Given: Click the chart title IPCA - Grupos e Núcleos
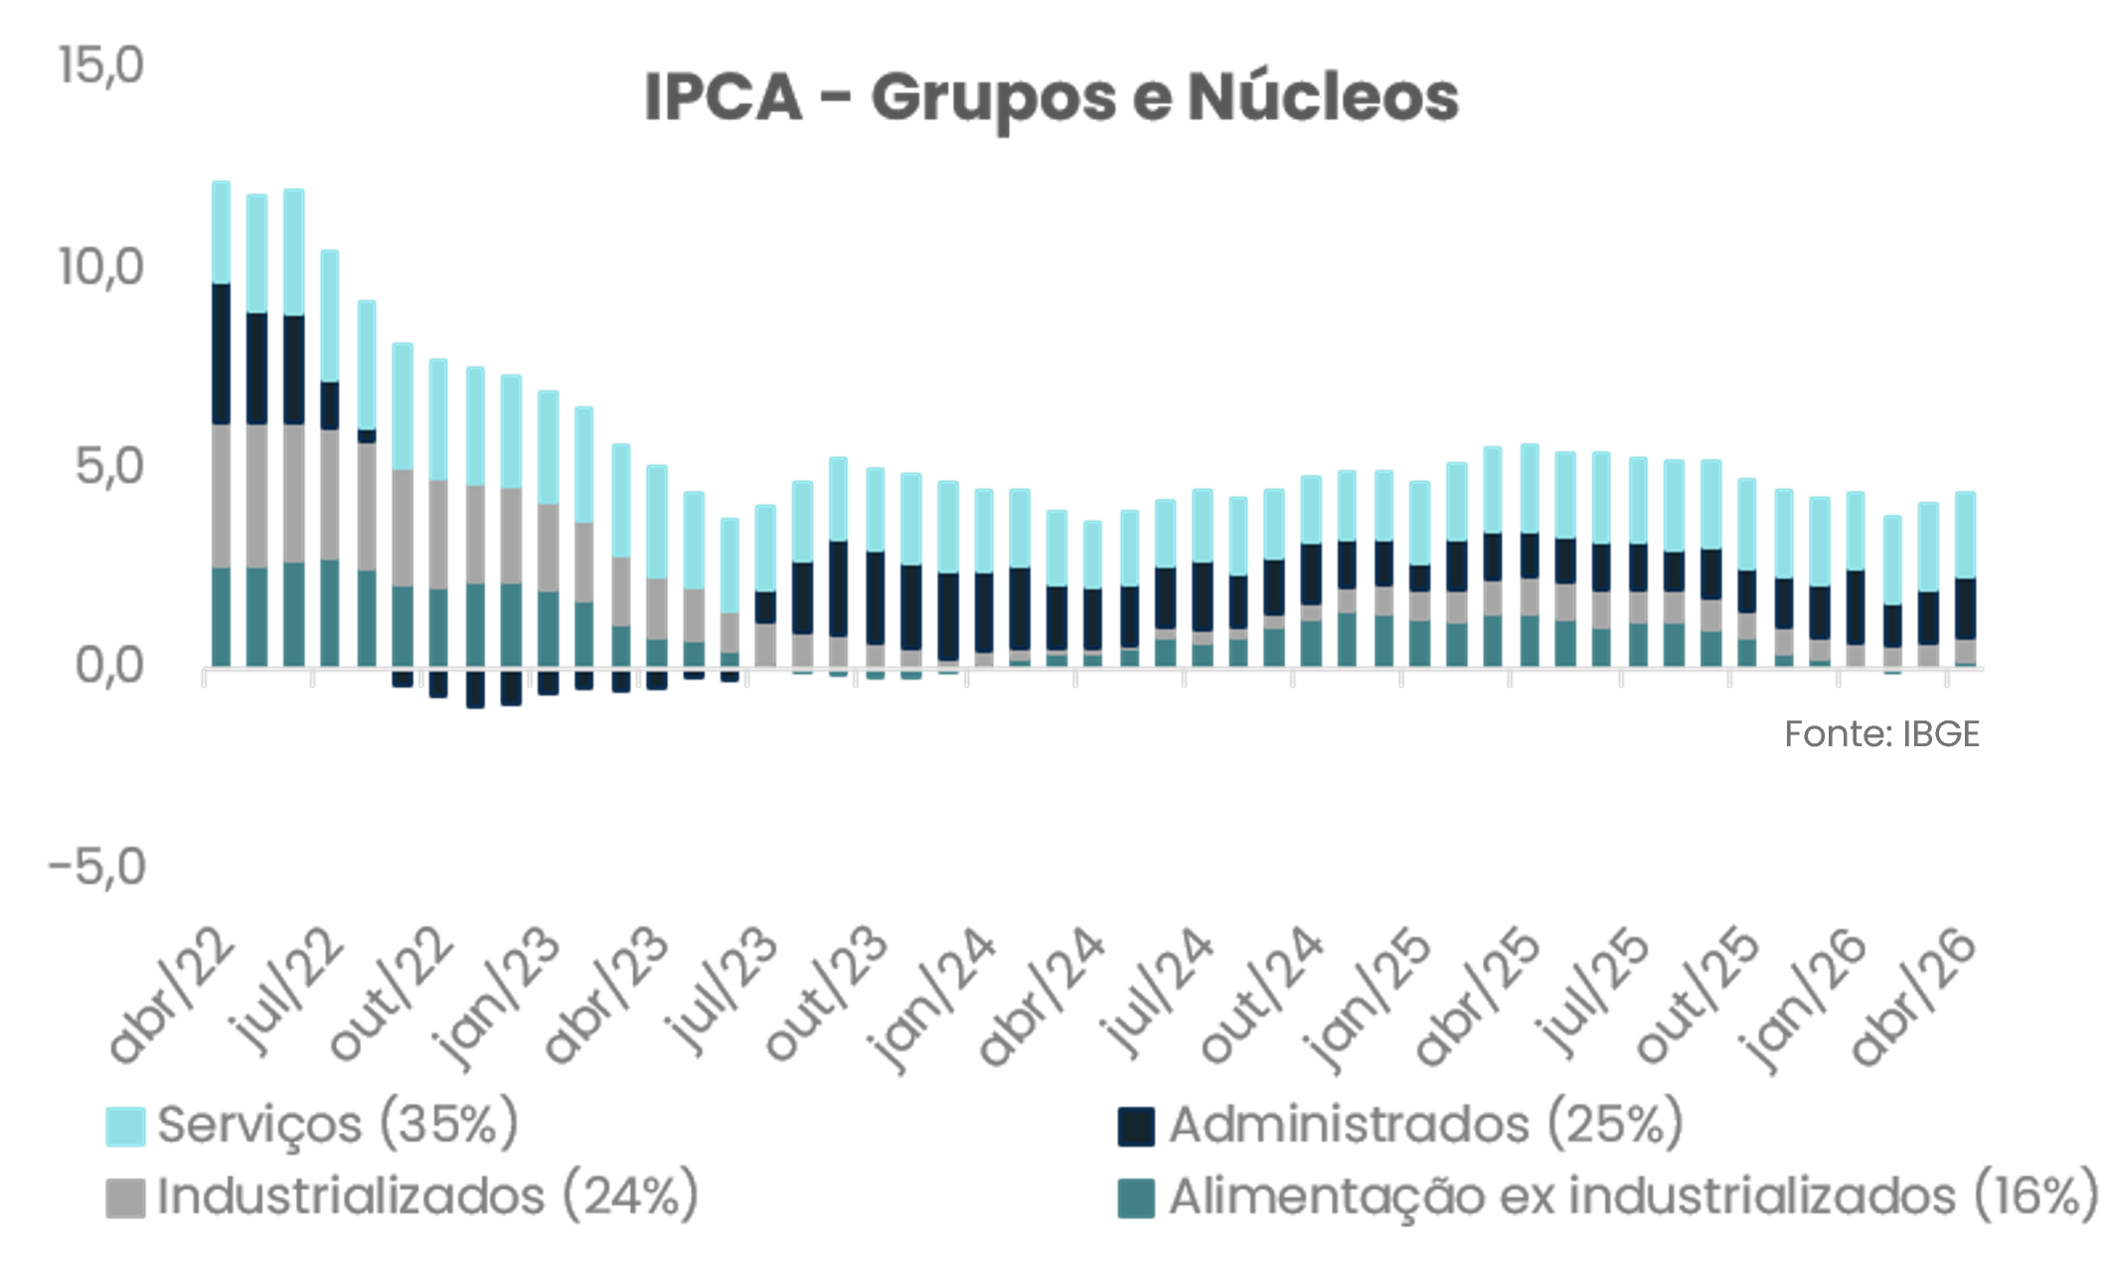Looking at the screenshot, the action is pos(1052,98).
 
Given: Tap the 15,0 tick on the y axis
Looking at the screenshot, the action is pos(100,67).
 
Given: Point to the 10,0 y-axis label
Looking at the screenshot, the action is pos(100,267).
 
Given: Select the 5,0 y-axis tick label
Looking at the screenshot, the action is pos(109,467).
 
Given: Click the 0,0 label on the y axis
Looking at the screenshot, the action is pos(109,666).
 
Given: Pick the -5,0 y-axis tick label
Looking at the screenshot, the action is pos(96,867).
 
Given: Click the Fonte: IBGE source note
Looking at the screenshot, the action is pos(1881,734).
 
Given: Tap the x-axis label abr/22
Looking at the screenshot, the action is pos(171,996).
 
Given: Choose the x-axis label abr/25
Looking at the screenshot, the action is pos(1478,996).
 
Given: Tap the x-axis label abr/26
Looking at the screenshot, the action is pos(1913,996).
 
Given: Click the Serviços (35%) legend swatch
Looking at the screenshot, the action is pos(126,1127).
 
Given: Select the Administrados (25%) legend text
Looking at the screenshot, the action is pos(1426,1125).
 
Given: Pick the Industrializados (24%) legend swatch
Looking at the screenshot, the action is pos(126,1197).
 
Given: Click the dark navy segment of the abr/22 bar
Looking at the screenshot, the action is pos(221,354).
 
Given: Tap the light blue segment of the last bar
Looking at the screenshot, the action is pos(1965,535).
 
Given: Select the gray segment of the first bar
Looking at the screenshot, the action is pos(221,497).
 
